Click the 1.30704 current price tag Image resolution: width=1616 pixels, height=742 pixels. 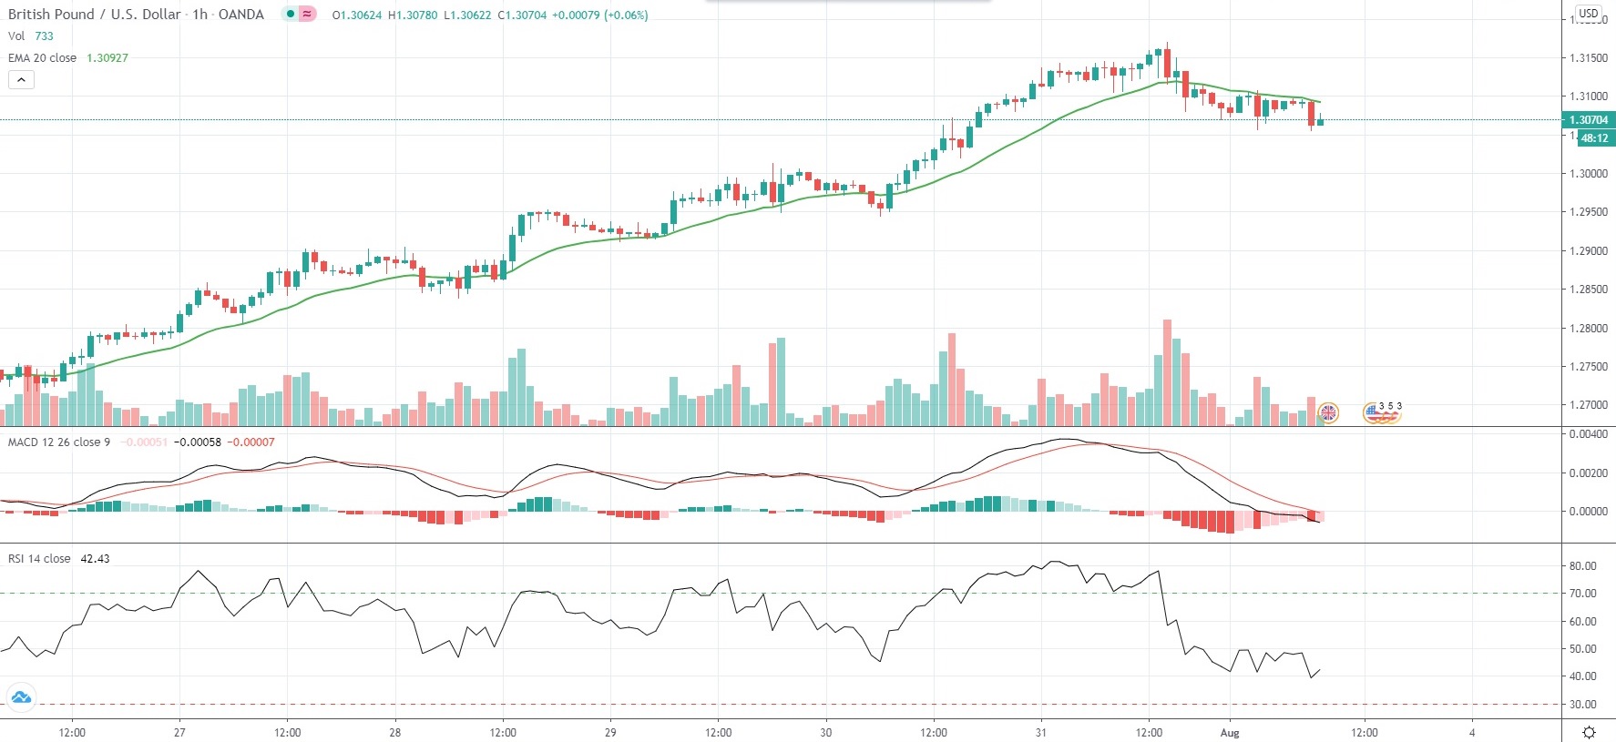pos(1588,120)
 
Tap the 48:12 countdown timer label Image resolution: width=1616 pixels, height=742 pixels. pos(1594,138)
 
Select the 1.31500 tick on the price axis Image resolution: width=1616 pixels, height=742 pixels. pos(1588,58)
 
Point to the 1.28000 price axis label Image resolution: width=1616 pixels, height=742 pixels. pos(1588,329)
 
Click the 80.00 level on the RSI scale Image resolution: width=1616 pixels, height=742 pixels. pos(1582,566)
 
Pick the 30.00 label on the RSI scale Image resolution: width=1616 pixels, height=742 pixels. pos(1582,705)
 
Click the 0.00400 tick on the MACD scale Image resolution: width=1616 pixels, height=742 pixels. pos(1588,434)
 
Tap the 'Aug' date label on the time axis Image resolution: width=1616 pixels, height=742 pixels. pos(1230,733)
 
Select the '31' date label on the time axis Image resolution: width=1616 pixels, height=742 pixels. pos(1040,733)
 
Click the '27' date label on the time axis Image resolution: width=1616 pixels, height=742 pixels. pos(179,733)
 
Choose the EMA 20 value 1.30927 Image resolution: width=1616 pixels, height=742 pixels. pos(107,58)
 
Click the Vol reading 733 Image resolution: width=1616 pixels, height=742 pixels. pos(44,36)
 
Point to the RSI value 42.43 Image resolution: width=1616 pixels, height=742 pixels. pos(95,559)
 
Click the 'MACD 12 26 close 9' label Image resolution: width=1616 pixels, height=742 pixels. pos(59,442)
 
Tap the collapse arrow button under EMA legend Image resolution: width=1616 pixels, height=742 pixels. pos(21,80)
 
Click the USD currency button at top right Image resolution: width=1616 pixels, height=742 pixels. pos(1589,14)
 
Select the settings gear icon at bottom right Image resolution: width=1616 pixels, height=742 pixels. pos(1589,732)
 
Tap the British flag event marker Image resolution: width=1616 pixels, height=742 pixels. pos(1329,413)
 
